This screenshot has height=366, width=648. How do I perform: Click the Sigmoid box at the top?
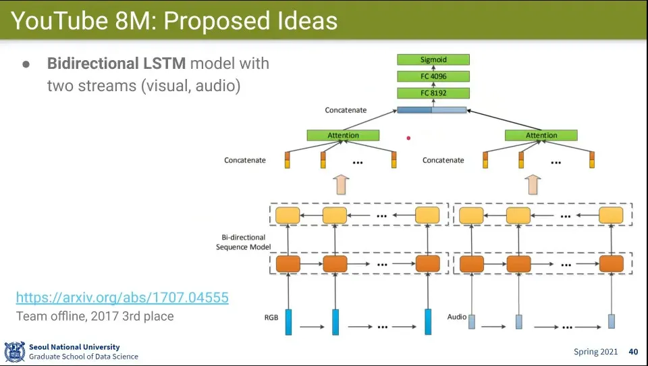coord(433,60)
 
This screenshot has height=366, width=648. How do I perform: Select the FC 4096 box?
coord(433,77)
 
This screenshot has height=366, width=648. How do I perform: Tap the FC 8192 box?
coord(433,93)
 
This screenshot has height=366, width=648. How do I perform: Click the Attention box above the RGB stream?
coord(343,135)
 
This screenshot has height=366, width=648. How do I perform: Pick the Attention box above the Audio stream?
coord(541,135)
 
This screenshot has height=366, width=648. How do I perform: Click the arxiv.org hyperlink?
coord(122,297)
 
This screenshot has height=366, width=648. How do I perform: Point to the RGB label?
coord(272,317)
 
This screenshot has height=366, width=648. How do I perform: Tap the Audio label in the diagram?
coord(457,317)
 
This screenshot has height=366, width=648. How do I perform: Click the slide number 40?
coord(633,352)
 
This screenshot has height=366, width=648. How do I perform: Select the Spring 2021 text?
coord(595,352)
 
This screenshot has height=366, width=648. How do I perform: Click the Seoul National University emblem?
coord(14,352)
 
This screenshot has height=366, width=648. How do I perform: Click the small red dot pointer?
coord(408,138)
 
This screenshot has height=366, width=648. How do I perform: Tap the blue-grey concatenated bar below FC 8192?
coord(432,110)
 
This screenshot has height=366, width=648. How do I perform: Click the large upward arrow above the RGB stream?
coord(342,184)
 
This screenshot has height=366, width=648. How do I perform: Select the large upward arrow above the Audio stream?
coord(534,184)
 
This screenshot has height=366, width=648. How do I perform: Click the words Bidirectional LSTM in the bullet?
coord(116,63)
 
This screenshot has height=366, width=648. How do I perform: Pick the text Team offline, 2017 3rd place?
coord(94,316)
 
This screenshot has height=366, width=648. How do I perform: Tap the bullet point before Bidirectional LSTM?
coord(26,64)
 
